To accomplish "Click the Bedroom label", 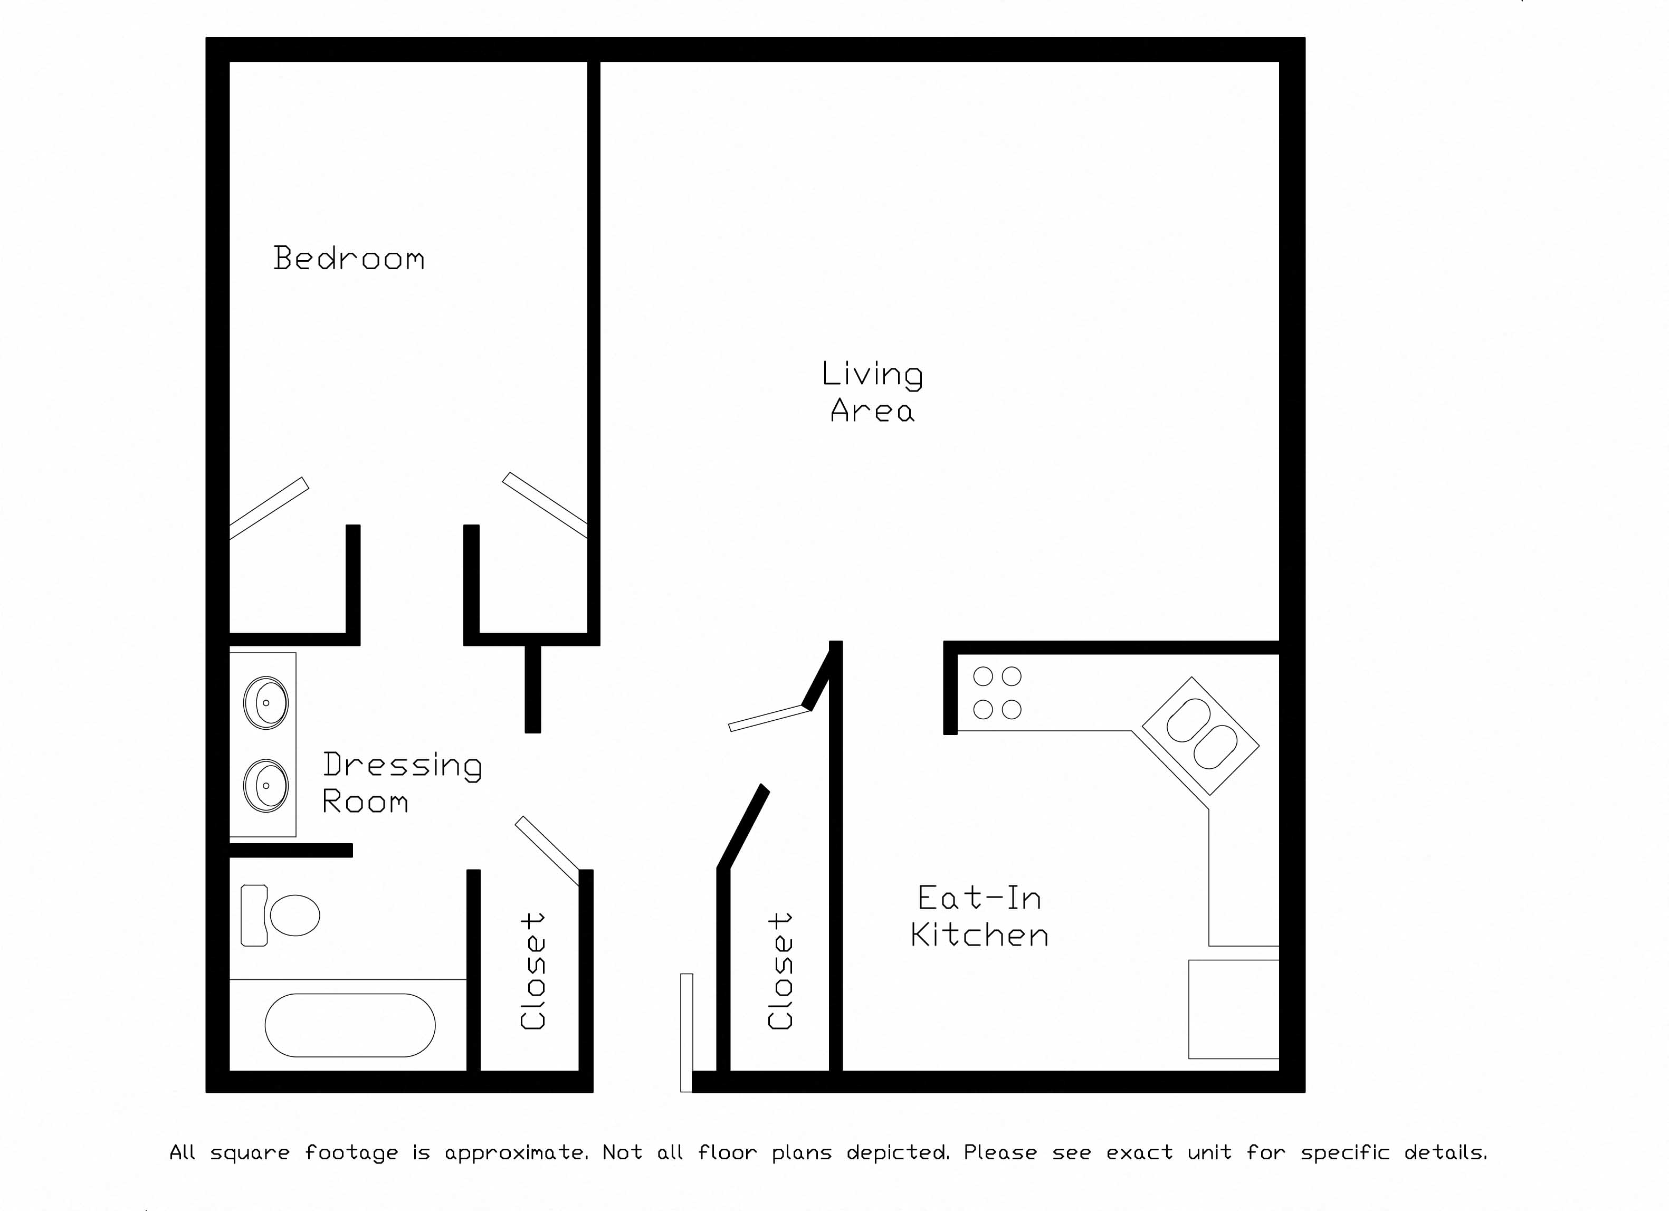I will [349, 258].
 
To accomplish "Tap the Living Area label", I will [872, 392].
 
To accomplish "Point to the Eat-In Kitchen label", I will [979, 917].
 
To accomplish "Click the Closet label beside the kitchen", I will [779, 971].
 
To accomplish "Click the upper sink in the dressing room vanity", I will [265, 703].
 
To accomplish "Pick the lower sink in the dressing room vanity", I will [265, 785].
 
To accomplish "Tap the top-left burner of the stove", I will [983, 676].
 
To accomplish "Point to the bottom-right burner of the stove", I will [1012, 709].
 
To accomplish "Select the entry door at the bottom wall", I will [686, 1032].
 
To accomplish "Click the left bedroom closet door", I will [269, 508].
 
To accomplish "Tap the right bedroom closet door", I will [545, 504].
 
